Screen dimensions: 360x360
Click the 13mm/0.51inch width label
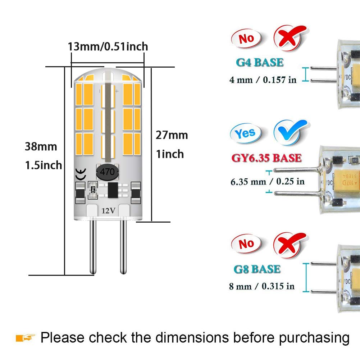click(x=108, y=46)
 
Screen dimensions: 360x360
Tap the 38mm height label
click(x=41, y=147)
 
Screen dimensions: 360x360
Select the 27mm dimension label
click(x=172, y=135)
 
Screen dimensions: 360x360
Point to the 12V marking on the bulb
click(x=108, y=211)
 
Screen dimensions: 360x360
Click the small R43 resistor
click(x=93, y=188)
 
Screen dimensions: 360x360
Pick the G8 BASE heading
click(x=257, y=269)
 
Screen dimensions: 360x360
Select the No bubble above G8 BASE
click(x=246, y=244)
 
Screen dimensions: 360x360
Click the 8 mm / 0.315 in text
click(x=262, y=286)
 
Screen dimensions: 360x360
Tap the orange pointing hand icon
click(x=26, y=338)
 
